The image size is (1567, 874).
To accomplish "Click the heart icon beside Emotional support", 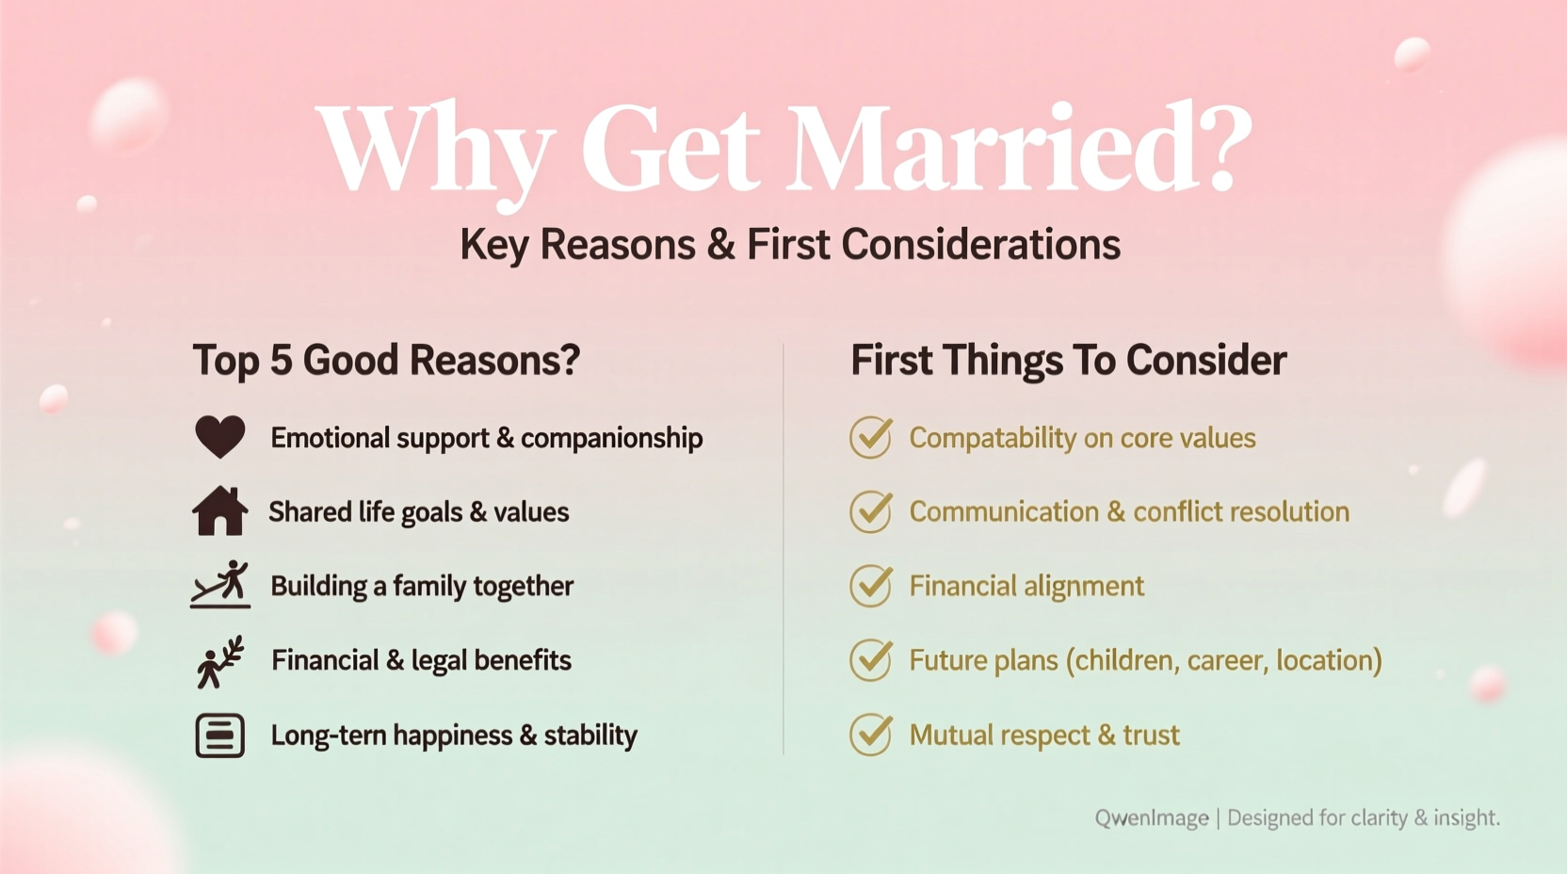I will click(219, 437).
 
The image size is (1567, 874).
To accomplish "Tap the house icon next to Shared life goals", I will click(219, 511).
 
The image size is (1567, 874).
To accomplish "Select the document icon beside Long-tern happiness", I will click(219, 736).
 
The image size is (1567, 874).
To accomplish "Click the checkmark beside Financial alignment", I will click(871, 586).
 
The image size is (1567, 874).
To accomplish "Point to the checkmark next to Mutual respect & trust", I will click(871, 735).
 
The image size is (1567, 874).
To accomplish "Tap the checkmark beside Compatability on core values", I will click(871, 437).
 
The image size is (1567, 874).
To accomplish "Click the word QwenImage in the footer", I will click(1151, 817).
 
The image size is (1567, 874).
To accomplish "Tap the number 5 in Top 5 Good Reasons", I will click(280, 361).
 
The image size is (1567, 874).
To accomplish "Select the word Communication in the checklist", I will click(1004, 511).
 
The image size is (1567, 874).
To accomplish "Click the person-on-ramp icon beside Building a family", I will click(220, 585).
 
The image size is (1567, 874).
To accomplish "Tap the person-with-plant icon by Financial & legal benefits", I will click(220, 661).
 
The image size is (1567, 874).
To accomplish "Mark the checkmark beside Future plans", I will click(871, 660).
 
